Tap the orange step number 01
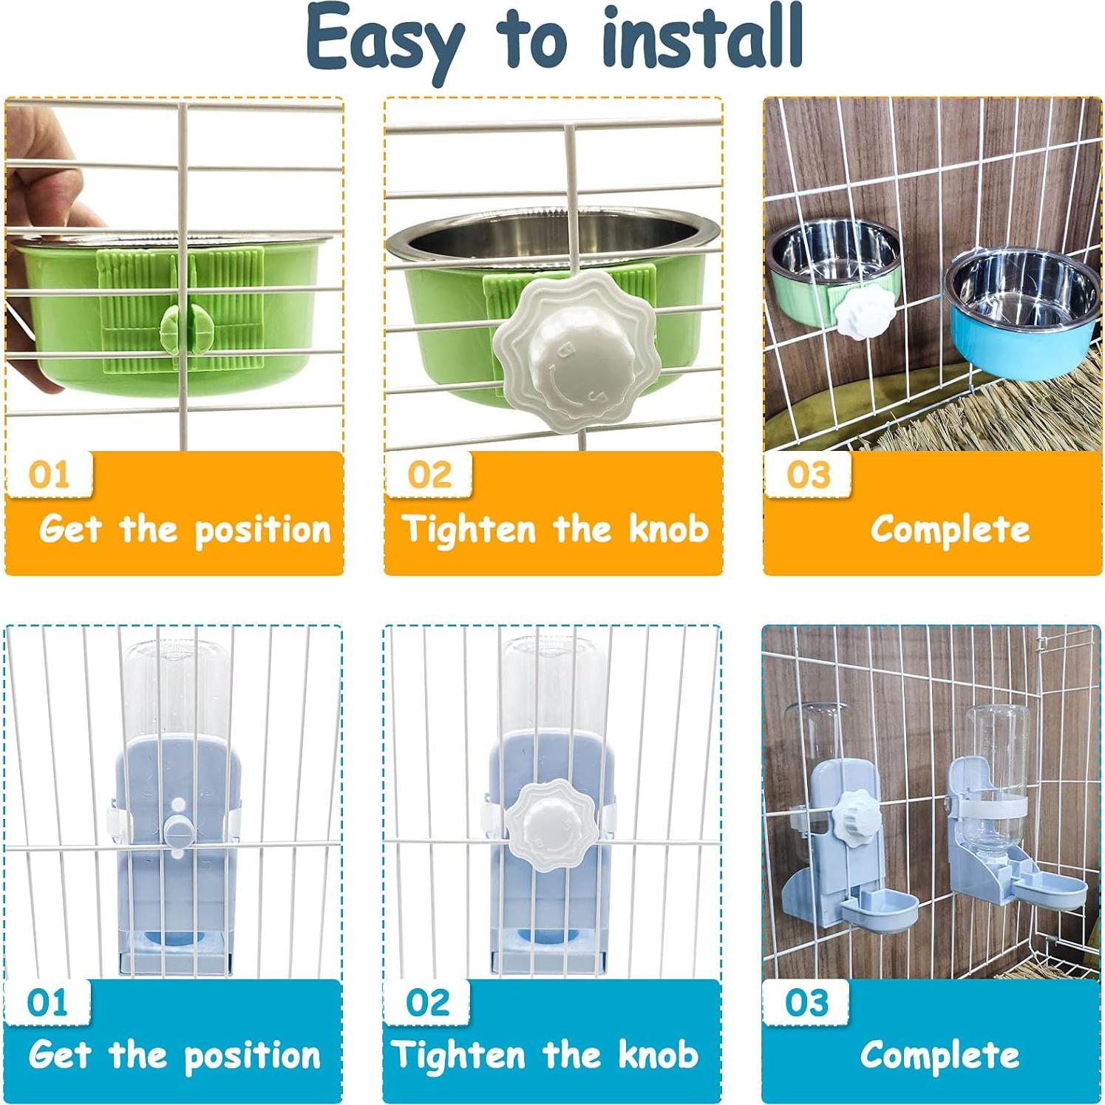click(49, 475)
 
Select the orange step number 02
click(429, 475)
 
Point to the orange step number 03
click(808, 475)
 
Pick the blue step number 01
click(47, 1002)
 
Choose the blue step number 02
click(427, 1002)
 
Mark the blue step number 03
click(806, 1002)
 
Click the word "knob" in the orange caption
click(669, 529)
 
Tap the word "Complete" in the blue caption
click(939, 1055)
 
